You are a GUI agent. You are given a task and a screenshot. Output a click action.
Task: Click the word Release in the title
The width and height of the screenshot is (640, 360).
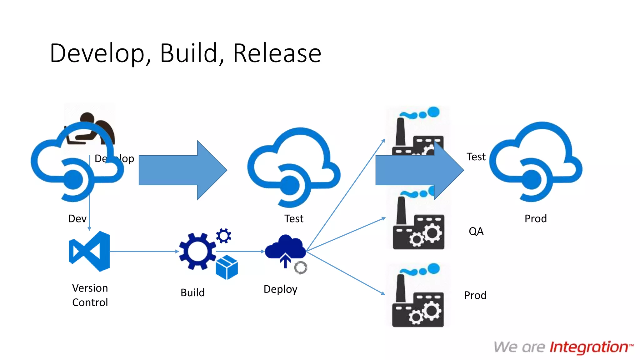click(x=277, y=53)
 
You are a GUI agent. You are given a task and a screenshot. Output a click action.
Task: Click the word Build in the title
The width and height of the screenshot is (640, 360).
click(x=189, y=53)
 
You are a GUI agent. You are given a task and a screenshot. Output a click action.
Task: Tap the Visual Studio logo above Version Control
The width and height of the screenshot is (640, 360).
click(x=90, y=251)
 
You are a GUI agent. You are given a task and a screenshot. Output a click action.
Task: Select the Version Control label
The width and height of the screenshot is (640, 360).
click(x=90, y=295)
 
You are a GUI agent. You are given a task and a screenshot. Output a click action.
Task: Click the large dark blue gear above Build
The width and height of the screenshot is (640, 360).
click(x=197, y=251)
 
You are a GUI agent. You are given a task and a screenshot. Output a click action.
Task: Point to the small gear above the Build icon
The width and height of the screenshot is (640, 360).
click(x=224, y=236)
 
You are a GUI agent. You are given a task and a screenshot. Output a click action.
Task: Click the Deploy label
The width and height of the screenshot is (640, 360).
click(x=280, y=289)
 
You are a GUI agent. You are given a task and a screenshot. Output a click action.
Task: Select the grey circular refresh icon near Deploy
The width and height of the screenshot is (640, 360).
click(x=301, y=268)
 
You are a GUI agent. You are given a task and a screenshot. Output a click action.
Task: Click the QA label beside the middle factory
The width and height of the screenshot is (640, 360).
click(x=476, y=231)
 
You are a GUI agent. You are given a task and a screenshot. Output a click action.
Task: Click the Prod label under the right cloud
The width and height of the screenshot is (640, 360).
click(x=536, y=218)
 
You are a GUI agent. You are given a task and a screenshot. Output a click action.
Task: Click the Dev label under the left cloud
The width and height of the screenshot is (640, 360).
click(x=77, y=218)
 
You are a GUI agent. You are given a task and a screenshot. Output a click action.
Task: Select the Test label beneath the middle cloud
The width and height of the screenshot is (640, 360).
click(x=294, y=218)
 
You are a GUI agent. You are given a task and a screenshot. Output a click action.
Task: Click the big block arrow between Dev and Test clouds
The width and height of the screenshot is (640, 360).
click(x=183, y=170)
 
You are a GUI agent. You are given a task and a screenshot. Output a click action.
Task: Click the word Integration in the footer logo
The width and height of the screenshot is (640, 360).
click(x=589, y=347)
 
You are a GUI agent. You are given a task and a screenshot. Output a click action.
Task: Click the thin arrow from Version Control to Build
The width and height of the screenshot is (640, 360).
click(x=144, y=251)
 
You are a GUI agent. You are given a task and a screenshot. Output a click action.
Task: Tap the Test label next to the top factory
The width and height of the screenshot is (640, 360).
click(x=476, y=157)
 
